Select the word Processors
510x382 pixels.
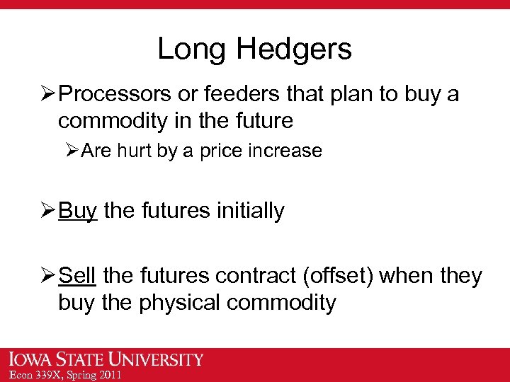tap(117, 95)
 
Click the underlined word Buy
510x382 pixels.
tap(78, 210)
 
